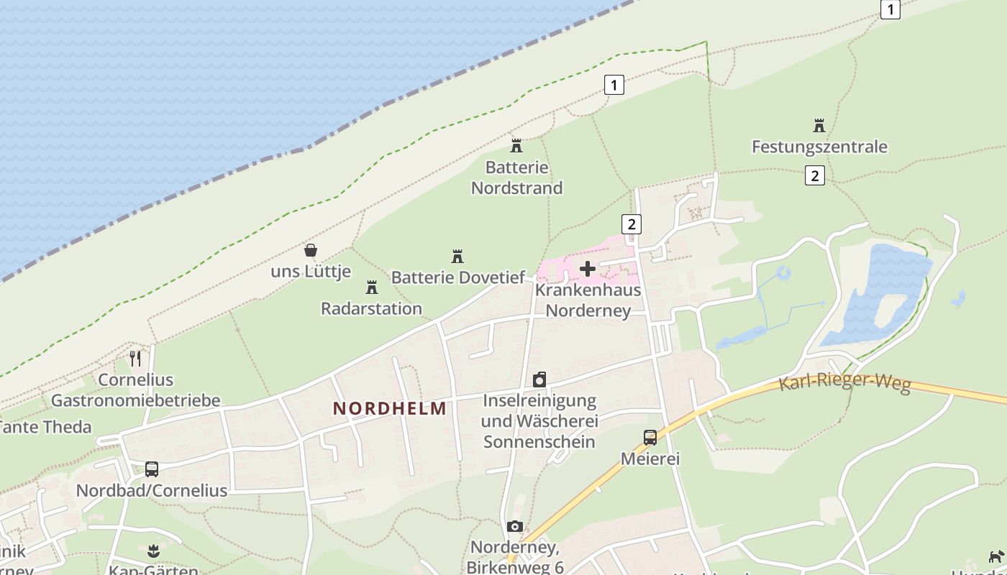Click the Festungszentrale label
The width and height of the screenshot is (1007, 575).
pyautogui.click(x=819, y=147)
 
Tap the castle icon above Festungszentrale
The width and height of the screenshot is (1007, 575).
pyautogui.click(x=819, y=126)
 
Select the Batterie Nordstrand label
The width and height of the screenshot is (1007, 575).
pyautogui.click(x=516, y=178)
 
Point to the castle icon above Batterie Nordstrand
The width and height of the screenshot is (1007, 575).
pyautogui.click(x=516, y=146)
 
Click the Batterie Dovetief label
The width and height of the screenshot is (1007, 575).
pyautogui.click(x=458, y=277)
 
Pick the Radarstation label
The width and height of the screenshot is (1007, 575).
pyautogui.click(x=371, y=309)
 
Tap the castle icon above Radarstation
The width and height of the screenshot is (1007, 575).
pyautogui.click(x=371, y=287)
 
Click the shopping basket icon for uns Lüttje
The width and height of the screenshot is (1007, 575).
pyautogui.click(x=311, y=250)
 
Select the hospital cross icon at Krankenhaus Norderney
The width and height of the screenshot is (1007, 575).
pyautogui.click(x=588, y=269)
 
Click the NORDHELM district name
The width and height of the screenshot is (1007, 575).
pyautogui.click(x=389, y=409)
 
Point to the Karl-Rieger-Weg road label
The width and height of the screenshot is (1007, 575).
pyautogui.click(x=844, y=382)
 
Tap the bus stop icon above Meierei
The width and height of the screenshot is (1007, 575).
pyautogui.click(x=650, y=437)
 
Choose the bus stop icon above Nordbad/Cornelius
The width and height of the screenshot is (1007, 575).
pyautogui.click(x=152, y=469)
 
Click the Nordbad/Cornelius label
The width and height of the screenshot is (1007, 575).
pyautogui.click(x=152, y=491)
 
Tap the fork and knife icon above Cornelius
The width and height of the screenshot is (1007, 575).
pyautogui.click(x=135, y=358)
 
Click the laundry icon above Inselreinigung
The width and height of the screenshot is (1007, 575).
pyautogui.click(x=539, y=379)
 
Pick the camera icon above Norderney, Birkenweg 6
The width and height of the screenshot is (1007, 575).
pyautogui.click(x=514, y=527)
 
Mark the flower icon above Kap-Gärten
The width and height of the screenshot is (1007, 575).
pyautogui.click(x=152, y=552)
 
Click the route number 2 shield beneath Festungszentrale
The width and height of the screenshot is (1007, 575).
pyautogui.click(x=814, y=175)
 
